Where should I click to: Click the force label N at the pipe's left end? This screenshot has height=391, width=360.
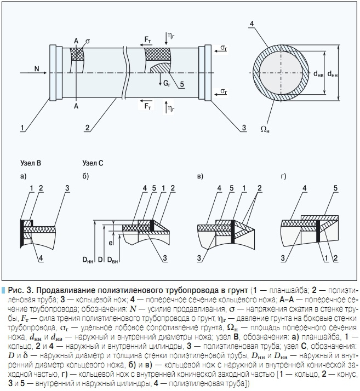click(x=36, y=68)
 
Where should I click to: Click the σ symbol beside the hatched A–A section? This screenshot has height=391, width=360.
click(x=87, y=40)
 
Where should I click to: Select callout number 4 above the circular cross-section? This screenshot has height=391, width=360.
click(x=250, y=24)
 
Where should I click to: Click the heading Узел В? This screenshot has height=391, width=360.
click(x=31, y=163)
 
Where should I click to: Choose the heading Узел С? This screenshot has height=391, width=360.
click(x=93, y=163)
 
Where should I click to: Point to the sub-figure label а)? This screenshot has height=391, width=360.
click(x=24, y=176)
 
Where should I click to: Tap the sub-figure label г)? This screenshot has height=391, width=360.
click(x=283, y=176)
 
